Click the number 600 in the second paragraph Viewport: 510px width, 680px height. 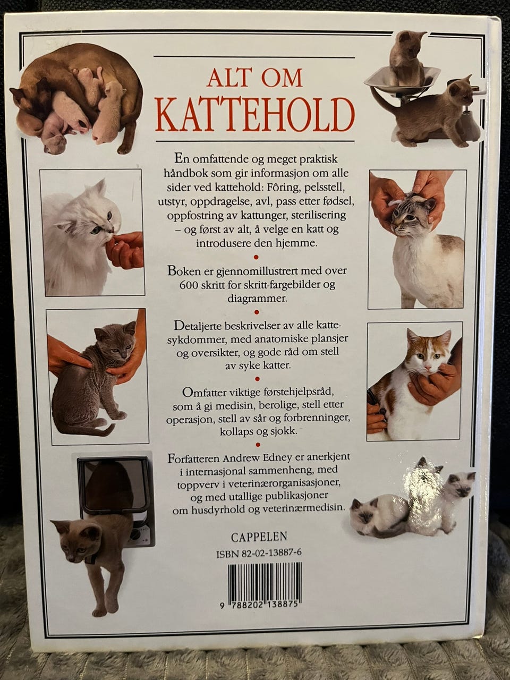click(x=184, y=285)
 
